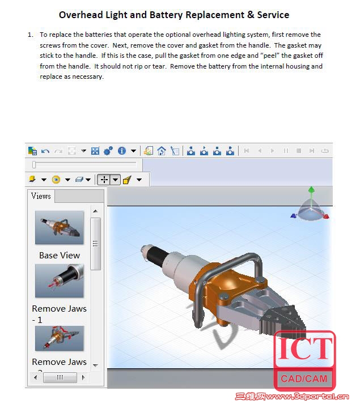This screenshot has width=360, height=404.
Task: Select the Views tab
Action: [x=41, y=196]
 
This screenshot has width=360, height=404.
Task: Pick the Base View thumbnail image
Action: [x=59, y=228]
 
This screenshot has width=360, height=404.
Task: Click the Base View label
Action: [x=60, y=255]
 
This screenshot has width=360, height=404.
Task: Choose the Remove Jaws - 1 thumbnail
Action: [x=59, y=281]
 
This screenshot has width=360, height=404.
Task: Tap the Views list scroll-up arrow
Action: [x=95, y=211]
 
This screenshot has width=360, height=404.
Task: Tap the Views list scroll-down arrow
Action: [x=95, y=365]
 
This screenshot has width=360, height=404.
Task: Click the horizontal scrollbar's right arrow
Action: [x=83, y=377]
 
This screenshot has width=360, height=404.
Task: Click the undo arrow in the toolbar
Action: [x=45, y=151]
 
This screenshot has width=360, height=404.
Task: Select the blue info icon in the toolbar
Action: [x=121, y=151]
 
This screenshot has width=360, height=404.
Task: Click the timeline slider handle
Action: [x=34, y=164]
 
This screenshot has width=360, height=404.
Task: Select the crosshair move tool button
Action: [x=103, y=180]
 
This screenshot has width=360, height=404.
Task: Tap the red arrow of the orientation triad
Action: [x=327, y=215]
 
